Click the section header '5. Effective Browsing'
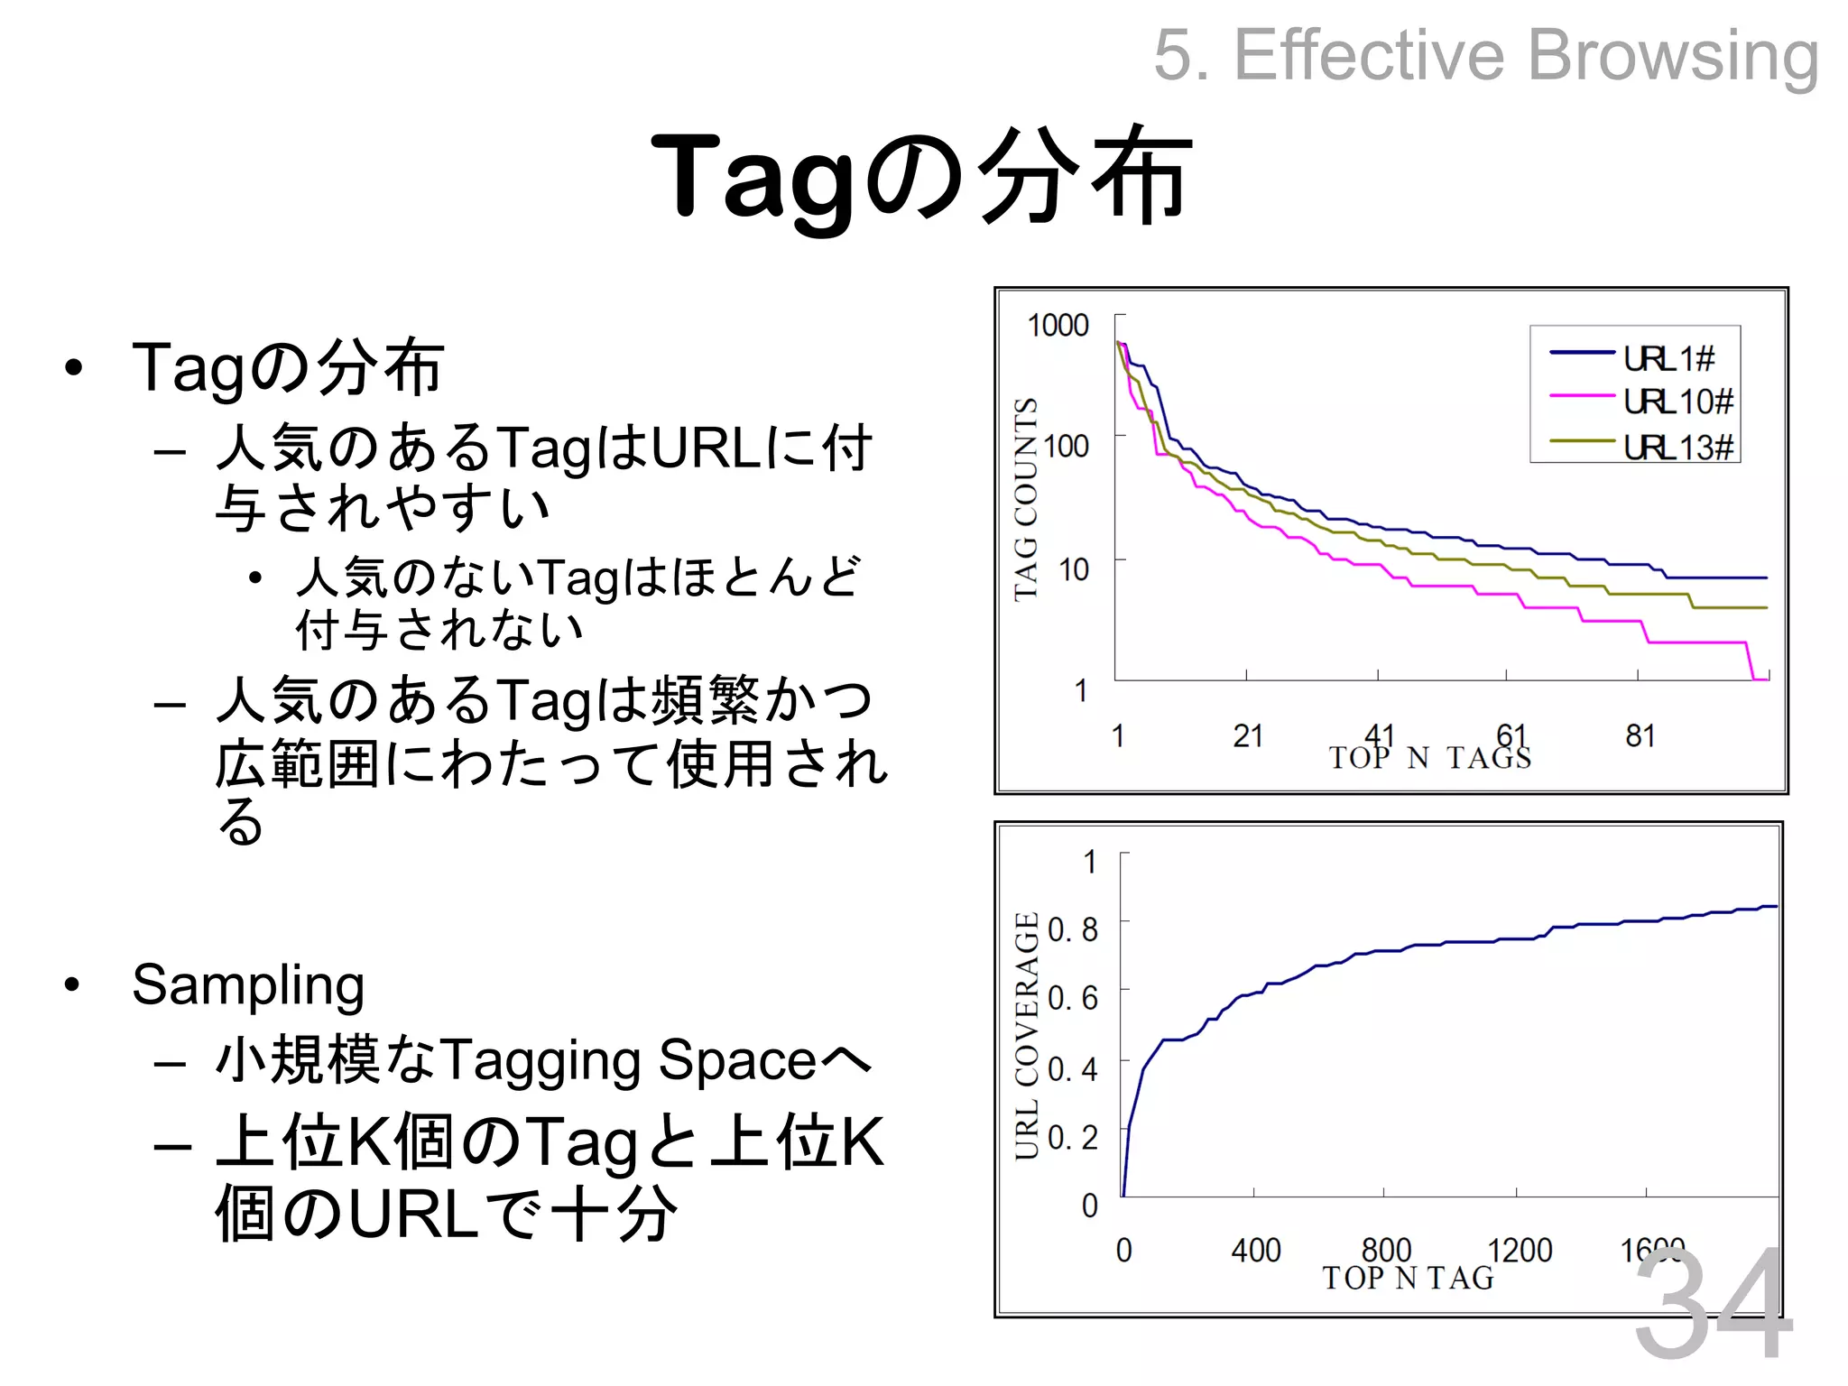[1485, 55]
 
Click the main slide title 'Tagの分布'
[921, 176]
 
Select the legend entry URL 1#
[1668, 358]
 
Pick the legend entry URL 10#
[1677, 402]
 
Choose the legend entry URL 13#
[1677, 447]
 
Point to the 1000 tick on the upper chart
[1058, 326]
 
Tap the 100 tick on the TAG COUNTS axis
[1066, 446]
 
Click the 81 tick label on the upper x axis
[1640, 736]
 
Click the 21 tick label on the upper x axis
[1247, 736]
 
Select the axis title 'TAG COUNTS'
[1026, 499]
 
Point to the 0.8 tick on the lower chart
[1073, 929]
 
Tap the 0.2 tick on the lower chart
[1073, 1138]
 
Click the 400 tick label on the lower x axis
[1255, 1251]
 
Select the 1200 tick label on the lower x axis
[1520, 1251]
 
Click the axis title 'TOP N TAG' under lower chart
[1408, 1278]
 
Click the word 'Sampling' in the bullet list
[248, 984]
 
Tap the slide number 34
[1712, 1304]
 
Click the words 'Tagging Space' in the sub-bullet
[629, 1060]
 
